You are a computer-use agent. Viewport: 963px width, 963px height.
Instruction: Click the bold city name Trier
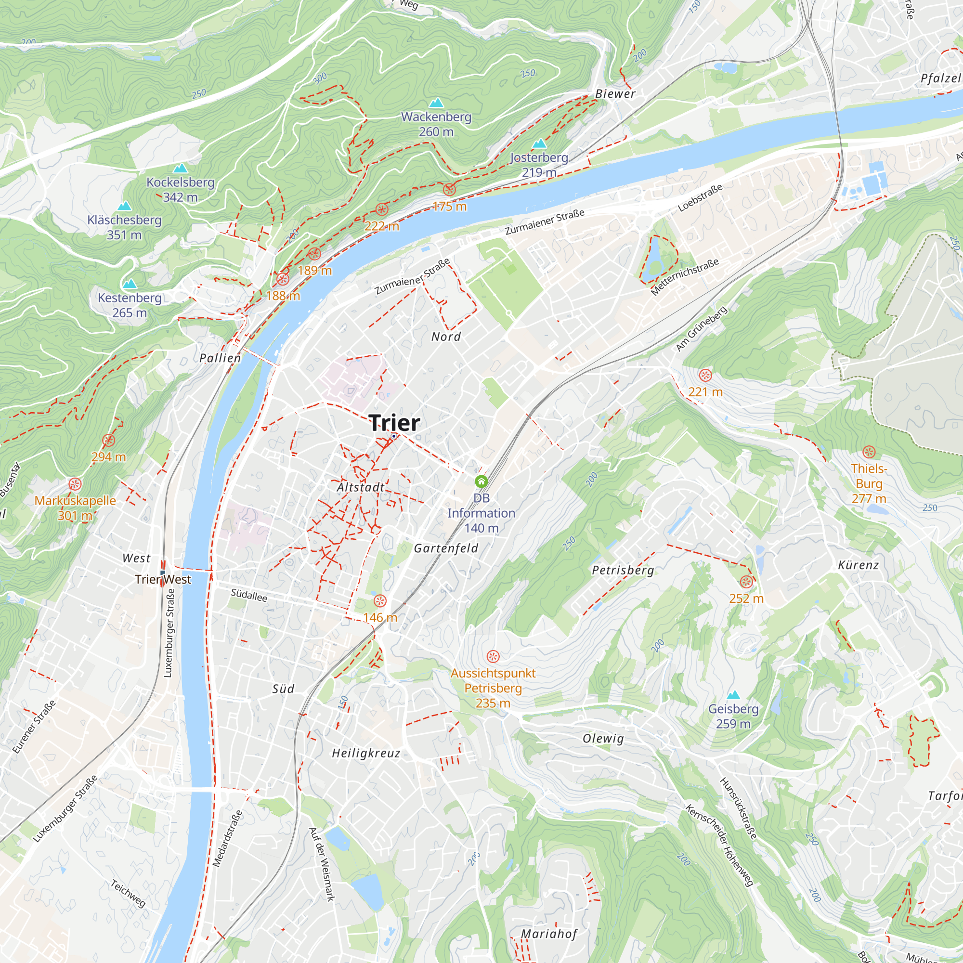pos(395,423)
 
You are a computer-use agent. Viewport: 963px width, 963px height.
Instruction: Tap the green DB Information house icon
pos(481,481)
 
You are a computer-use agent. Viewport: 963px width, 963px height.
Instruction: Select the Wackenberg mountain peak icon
pos(436,103)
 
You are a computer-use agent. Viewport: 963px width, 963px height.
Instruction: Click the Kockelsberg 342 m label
pos(180,189)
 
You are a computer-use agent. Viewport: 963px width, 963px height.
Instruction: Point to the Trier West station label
pos(163,579)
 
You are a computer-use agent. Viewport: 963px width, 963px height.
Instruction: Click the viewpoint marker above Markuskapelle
pos(75,484)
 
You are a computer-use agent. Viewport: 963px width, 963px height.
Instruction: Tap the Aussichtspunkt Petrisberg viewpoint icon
pos(493,656)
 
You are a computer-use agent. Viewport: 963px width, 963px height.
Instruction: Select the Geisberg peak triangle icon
pos(733,695)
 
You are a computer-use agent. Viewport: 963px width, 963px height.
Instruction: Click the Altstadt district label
pos(360,487)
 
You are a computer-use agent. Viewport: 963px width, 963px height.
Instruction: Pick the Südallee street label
pos(249,595)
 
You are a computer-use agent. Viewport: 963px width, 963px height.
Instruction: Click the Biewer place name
pos(615,94)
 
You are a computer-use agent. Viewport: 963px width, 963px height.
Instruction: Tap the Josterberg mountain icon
pos(539,144)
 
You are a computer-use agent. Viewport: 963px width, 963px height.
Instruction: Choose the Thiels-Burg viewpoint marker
pos(869,452)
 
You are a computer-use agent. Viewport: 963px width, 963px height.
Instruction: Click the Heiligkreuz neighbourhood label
pos(366,753)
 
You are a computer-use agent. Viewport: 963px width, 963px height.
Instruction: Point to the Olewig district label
pos(603,738)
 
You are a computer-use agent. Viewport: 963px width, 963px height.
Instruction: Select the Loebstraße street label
pos(700,198)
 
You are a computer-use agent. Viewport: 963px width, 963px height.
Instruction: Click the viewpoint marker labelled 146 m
pos(380,600)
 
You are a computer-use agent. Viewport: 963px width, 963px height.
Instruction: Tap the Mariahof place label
pos(549,934)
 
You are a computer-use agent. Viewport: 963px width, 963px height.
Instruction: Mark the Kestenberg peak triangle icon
pos(130,284)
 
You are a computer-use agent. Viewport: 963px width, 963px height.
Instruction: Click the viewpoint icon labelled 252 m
pos(746,582)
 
